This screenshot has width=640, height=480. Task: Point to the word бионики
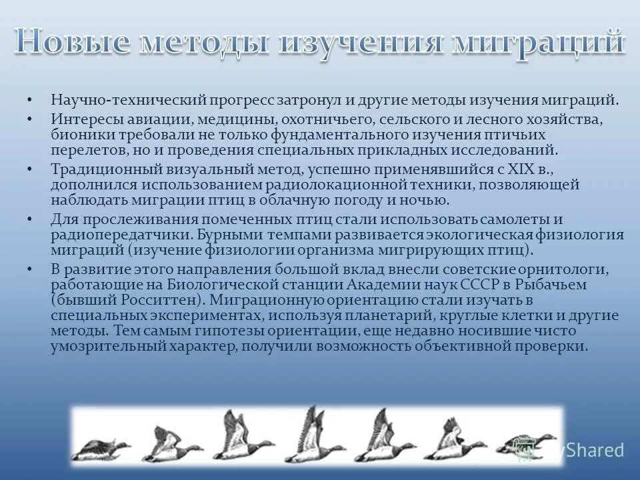coord(80,135)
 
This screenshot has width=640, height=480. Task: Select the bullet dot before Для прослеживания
coord(30,219)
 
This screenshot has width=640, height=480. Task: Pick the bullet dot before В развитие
coord(30,269)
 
